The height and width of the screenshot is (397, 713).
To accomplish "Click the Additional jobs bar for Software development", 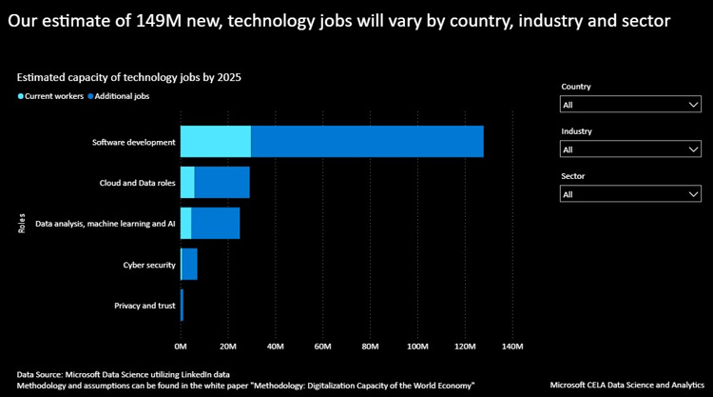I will coord(367,141).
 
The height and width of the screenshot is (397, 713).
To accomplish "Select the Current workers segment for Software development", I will coord(216,141).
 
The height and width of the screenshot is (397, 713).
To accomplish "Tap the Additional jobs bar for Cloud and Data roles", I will coord(222,182).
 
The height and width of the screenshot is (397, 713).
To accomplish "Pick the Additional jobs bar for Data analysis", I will coord(215,223).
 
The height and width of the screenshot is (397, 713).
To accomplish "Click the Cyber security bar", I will coord(189,264).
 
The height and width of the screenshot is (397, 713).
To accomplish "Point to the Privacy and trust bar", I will coord(182,305).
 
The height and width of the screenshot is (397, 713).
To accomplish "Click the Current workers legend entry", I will coord(50,95).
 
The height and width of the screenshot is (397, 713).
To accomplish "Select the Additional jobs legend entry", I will coord(119,95).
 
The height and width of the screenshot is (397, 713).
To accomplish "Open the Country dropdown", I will coord(630,105).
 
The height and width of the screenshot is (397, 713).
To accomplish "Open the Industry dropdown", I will coord(630,149).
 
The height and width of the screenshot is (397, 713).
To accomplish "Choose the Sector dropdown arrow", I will coord(693,194).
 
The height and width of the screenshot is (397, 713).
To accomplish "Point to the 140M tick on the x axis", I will coord(512,346).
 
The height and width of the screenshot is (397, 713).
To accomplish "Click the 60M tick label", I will coord(322,346).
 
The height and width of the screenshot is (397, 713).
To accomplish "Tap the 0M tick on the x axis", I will coord(181,346).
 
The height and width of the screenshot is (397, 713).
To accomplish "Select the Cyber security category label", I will coord(149,264).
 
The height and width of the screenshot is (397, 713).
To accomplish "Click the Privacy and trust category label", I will coord(145,305).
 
